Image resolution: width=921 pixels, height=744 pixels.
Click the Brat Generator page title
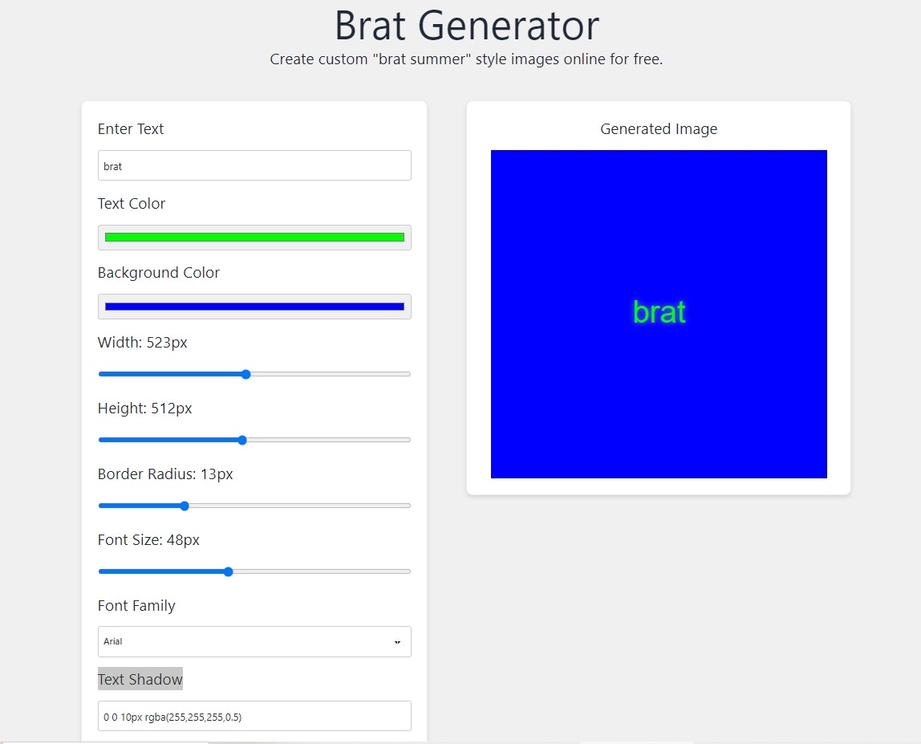coord(466,26)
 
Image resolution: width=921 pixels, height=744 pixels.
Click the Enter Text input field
coord(254,165)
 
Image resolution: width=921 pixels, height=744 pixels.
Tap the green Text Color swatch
coord(254,237)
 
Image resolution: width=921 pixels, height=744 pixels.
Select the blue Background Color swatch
coord(254,306)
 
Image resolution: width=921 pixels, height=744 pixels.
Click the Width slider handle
coord(246,374)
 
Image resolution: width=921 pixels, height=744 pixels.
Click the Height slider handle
coord(242,440)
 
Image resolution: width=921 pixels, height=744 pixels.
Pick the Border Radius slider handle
coord(185,506)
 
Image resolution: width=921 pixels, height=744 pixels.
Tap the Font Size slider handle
coord(228,571)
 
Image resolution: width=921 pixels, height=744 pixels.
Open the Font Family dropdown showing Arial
coord(254,641)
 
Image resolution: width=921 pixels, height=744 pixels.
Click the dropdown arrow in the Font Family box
coord(397,642)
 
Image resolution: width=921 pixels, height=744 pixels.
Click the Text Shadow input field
coord(254,716)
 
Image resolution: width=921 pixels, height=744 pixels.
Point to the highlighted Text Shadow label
coord(140,679)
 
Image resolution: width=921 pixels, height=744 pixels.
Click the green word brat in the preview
coord(659,312)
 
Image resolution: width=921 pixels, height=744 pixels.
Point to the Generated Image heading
coord(659,128)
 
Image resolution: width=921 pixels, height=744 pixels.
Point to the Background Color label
coord(159,273)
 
